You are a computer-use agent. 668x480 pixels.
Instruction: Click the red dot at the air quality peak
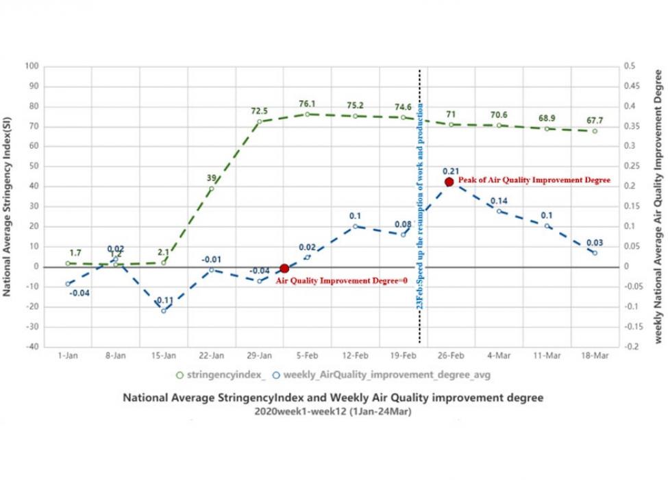point(449,182)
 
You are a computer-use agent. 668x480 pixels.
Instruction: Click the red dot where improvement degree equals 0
point(284,269)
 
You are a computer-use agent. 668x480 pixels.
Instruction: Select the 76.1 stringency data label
point(308,104)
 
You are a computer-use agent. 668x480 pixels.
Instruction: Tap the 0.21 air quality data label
point(450,171)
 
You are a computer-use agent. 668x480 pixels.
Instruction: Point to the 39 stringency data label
point(212,178)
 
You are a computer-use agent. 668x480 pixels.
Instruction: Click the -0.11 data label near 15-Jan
point(163,300)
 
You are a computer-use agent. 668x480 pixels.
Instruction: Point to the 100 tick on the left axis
point(32,67)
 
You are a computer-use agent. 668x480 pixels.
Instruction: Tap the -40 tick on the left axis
point(32,347)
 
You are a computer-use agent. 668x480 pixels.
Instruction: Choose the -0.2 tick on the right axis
point(629,347)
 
